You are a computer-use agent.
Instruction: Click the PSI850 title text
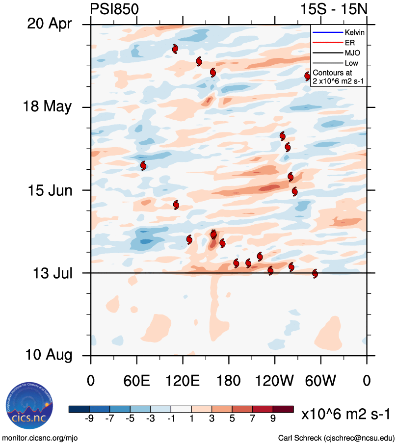pos(114,8)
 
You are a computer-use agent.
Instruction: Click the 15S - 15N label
pos(334,8)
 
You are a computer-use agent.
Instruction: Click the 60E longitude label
pos(137,381)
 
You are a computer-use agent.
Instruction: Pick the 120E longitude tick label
pos(183,381)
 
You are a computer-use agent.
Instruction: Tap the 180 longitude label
pos(229,381)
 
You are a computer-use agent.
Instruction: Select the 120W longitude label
pos(275,381)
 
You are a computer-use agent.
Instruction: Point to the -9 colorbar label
pos(89,419)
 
